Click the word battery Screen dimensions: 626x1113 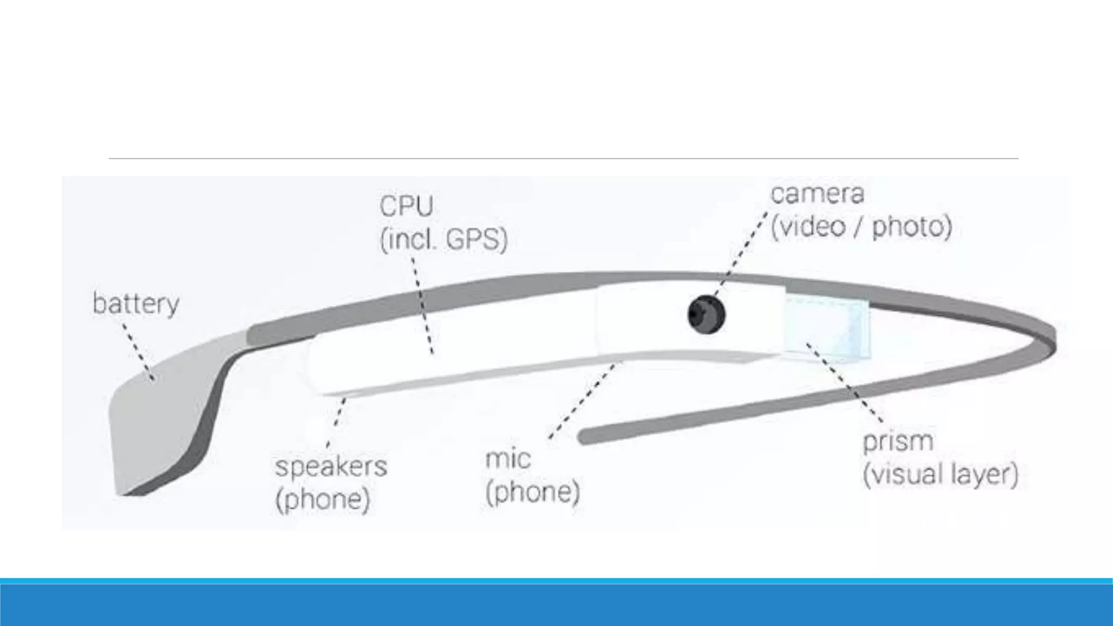click(x=136, y=304)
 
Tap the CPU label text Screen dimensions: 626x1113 click(x=407, y=206)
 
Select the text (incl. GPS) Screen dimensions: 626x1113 click(x=443, y=240)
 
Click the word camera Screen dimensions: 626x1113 click(x=817, y=194)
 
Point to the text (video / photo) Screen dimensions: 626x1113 click(x=861, y=227)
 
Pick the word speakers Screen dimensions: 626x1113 click(x=331, y=467)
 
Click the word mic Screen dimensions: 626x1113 click(x=508, y=459)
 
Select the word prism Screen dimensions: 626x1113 click(x=898, y=441)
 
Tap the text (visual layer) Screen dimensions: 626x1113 click(x=940, y=474)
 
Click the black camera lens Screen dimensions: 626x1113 click(x=706, y=314)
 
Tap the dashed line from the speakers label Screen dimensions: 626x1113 click(x=338, y=418)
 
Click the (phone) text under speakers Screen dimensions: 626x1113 click(x=323, y=499)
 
